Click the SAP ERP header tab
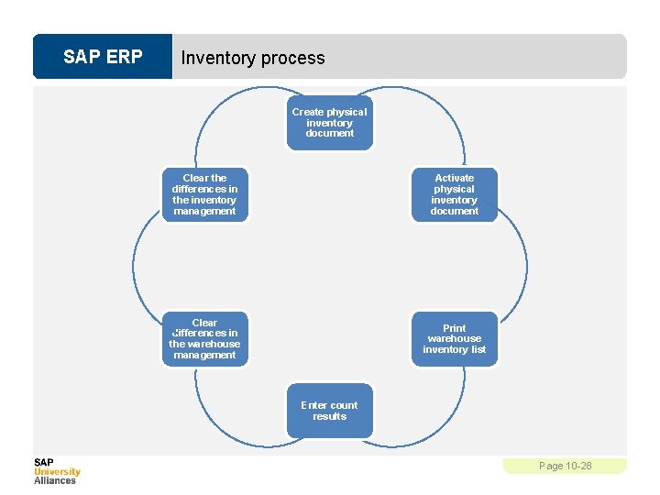(x=103, y=57)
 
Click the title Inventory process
(x=253, y=58)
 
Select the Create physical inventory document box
(x=329, y=122)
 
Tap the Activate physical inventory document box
(x=454, y=194)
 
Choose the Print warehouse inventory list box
(x=454, y=338)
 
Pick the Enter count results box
(x=329, y=411)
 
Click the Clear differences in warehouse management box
(x=204, y=338)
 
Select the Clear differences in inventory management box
(x=204, y=194)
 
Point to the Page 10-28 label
(x=565, y=466)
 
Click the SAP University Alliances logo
(x=57, y=471)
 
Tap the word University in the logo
(x=58, y=472)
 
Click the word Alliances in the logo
(x=55, y=480)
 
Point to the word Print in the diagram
(x=455, y=328)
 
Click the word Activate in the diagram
(x=455, y=178)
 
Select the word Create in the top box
(x=307, y=112)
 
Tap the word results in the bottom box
(x=330, y=416)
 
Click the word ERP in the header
(x=124, y=57)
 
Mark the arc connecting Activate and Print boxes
(x=526, y=266)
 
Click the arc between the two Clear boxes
(x=134, y=266)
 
